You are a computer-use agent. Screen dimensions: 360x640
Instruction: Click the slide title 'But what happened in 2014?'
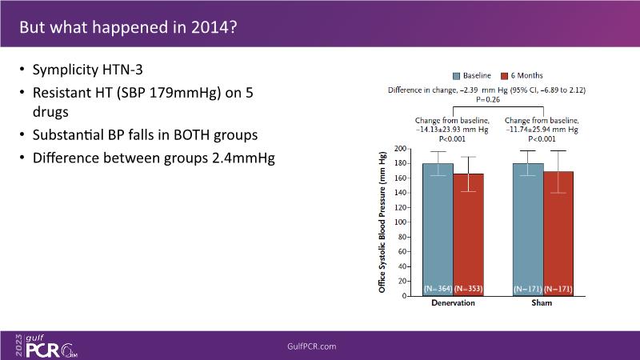tap(127, 26)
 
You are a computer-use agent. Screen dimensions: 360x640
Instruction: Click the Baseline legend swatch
tap(457, 75)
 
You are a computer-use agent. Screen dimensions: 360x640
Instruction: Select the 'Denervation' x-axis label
tap(453, 304)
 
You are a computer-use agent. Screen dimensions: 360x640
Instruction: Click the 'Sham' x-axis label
tap(543, 304)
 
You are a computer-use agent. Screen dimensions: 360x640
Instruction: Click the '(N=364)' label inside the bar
tap(438, 289)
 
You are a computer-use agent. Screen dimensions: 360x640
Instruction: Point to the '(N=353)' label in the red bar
tap(469, 289)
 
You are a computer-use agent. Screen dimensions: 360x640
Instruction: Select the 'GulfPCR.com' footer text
tap(311, 346)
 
